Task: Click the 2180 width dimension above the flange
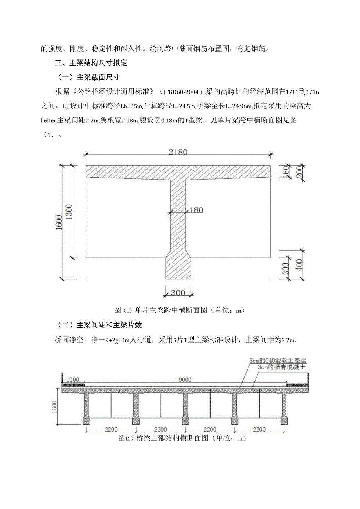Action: [178, 152]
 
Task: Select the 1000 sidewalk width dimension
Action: [73, 379]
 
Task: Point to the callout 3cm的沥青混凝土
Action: [282, 367]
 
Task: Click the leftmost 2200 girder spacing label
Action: [110, 430]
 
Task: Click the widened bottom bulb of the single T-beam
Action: [178, 267]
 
